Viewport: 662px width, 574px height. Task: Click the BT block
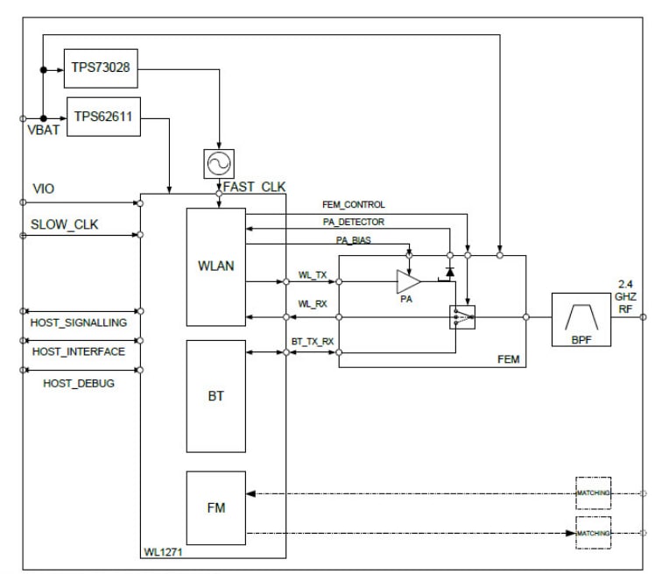point(215,395)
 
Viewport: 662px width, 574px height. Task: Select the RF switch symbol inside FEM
point(461,317)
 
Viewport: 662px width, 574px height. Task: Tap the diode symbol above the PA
point(450,272)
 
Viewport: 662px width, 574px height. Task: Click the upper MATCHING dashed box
point(593,493)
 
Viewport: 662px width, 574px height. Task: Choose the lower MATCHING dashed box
point(593,532)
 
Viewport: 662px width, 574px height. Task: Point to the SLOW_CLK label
point(65,224)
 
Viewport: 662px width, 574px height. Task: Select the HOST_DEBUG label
point(80,384)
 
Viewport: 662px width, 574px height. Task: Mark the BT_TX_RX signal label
point(313,339)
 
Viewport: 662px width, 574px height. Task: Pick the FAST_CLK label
point(255,187)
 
